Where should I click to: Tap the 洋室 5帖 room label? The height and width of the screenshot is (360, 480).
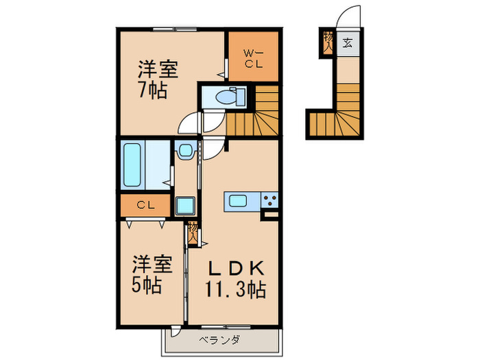pyautogui.click(x=147, y=274)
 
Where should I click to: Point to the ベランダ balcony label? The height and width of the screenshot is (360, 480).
pyautogui.click(x=219, y=339)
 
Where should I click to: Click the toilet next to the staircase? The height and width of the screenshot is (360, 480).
pyautogui.click(x=226, y=97)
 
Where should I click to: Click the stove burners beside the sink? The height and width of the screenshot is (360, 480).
pyautogui.click(x=269, y=201)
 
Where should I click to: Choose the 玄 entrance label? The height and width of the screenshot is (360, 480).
pyautogui.click(x=347, y=44)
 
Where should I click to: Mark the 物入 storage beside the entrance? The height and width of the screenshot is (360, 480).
pyautogui.click(x=328, y=43)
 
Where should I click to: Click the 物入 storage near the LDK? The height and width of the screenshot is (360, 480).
pyautogui.click(x=193, y=233)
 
